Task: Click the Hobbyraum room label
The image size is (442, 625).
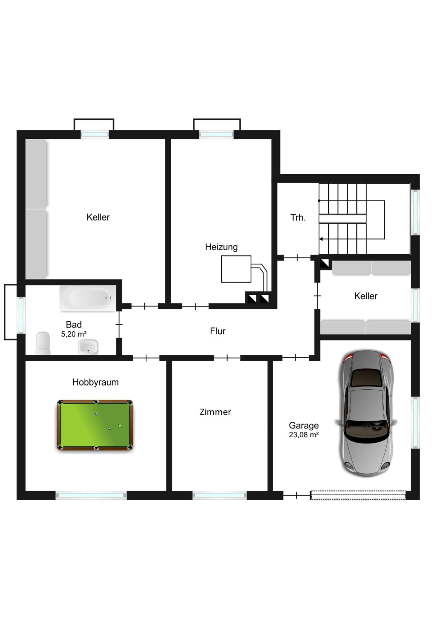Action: point(95,382)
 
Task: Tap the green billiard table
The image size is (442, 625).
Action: point(95,425)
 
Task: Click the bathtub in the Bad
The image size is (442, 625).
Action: point(88,297)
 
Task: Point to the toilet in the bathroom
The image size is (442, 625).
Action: point(43,343)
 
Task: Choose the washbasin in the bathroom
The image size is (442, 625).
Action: point(88,346)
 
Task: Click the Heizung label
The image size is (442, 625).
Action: point(221,247)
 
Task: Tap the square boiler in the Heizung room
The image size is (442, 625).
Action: point(236,269)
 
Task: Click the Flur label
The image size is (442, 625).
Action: point(218,331)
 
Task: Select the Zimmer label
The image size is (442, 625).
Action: point(215,412)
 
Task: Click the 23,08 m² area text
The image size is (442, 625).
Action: point(304,435)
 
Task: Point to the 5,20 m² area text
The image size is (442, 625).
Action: point(74,334)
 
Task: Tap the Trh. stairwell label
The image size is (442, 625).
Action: point(298,218)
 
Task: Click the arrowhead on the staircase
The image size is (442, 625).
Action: point(321,239)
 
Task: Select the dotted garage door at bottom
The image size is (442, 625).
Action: point(358,496)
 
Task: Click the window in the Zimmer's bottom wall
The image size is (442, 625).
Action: point(220,496)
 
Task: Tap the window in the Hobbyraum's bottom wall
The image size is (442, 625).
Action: point(91,496)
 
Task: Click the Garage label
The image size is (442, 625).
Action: point(304,426)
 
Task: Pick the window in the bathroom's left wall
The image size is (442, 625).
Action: point(21,315)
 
